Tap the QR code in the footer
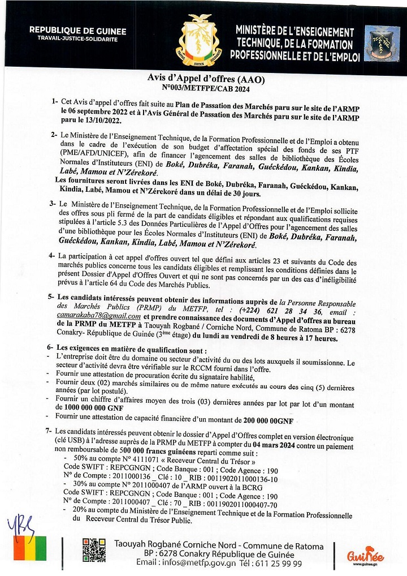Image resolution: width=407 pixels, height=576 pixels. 93,548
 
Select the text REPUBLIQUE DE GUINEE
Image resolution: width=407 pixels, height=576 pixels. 77,32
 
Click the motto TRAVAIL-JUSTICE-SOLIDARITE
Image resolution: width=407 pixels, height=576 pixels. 77,40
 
